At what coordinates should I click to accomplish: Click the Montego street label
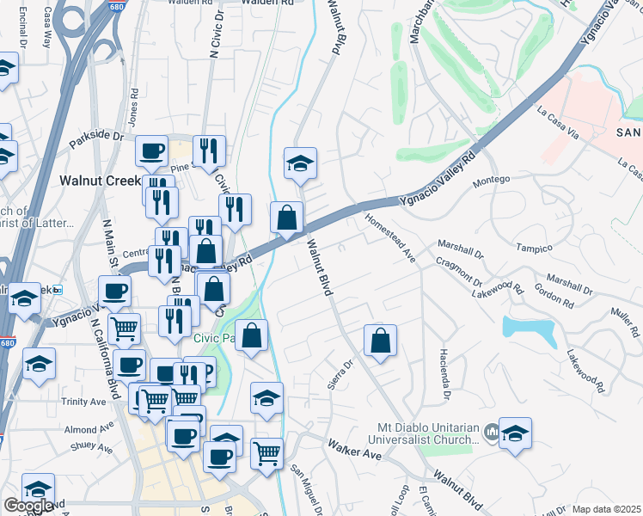point(492,179)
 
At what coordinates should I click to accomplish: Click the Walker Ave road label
point(353,449)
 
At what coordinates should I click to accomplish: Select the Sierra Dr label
point(348,376)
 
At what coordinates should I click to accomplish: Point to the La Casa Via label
point(556,121)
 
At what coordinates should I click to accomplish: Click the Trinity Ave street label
point(83,402)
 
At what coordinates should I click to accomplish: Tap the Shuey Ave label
point(92,447)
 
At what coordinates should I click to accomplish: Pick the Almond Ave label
point(88,428)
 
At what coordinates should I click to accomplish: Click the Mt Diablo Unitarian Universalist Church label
point(427,433)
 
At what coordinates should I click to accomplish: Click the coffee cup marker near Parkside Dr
point(152,152)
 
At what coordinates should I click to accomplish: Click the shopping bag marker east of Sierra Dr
point(379,340)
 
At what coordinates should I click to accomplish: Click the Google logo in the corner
point(28,506)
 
